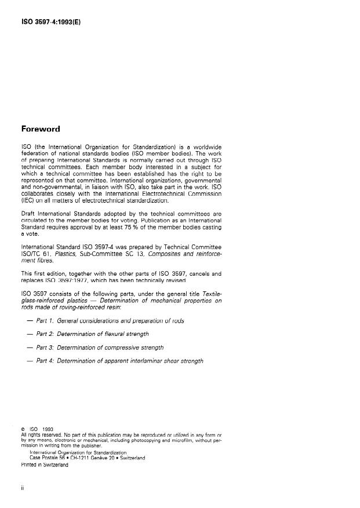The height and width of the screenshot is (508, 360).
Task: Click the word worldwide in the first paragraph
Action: (203, 147)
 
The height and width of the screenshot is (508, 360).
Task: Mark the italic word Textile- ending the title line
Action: (209, 293)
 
